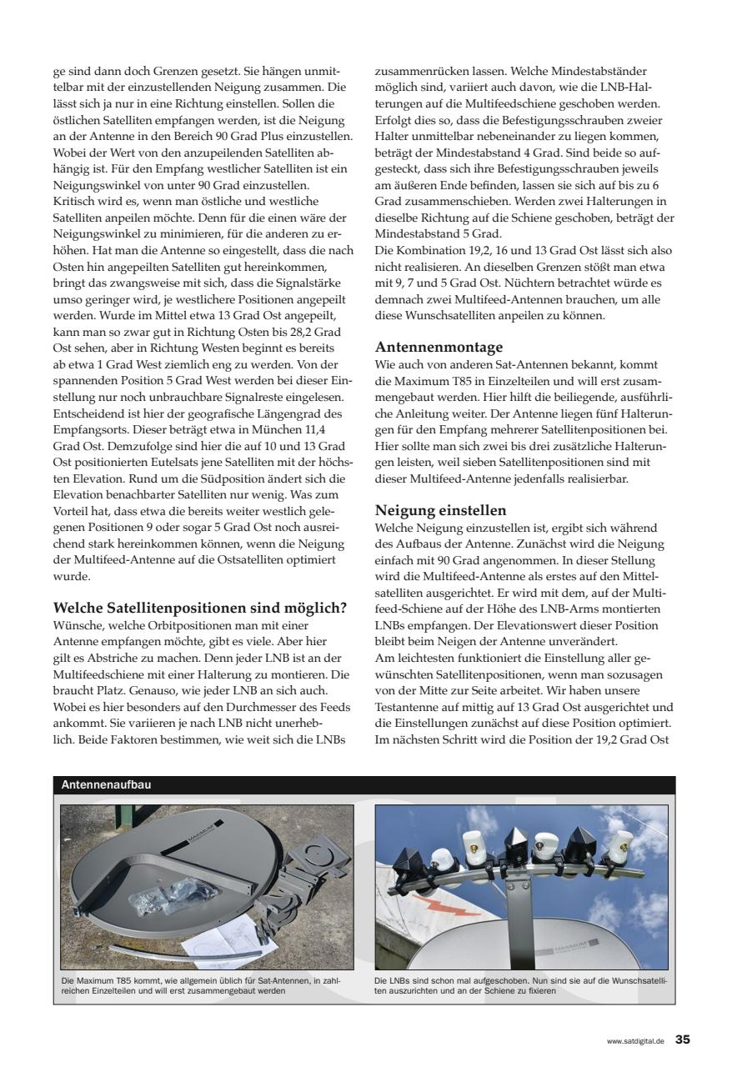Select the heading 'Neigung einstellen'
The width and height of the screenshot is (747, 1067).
pyautogui.click(x=440, y=509)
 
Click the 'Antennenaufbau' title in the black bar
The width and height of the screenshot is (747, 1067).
pyautogui.click(x=107, y=785)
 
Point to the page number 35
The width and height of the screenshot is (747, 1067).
pyautogui.click(x=683, y=1039)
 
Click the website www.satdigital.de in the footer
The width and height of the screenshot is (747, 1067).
pyautogui.click(x=635, y=1041)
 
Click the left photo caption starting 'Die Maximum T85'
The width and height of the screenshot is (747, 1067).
pyautogui.click(x=200, y=986)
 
